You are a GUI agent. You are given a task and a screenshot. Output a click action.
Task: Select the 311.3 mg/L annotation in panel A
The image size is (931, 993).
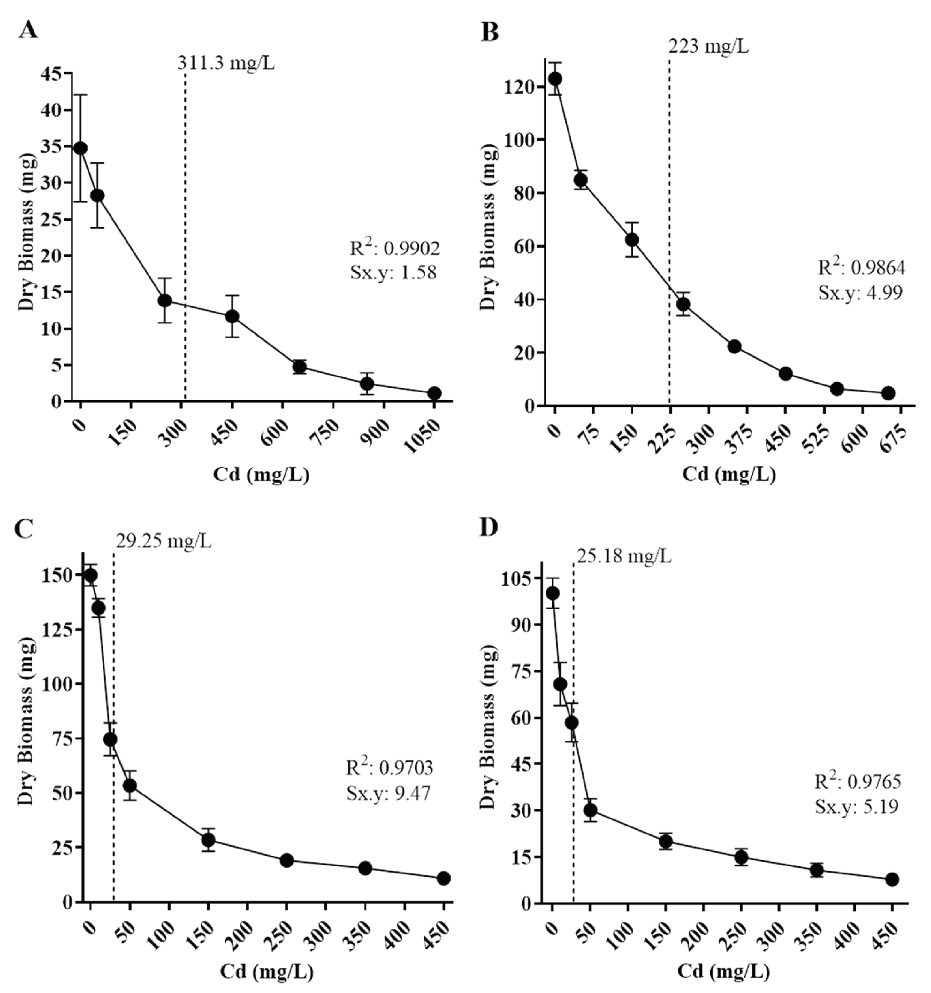coord(225,64)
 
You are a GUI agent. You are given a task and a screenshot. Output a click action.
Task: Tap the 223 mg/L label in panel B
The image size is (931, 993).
coord(708,47)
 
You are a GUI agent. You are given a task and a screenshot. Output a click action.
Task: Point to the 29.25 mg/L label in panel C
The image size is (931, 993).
coord(164,541)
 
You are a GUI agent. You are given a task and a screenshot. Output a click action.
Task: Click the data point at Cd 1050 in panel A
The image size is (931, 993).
coord(434,393)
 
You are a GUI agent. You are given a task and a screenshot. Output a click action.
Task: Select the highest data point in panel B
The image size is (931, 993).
coord(555,79)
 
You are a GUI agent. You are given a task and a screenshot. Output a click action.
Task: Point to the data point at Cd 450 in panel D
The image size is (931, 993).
coord(892,879)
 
